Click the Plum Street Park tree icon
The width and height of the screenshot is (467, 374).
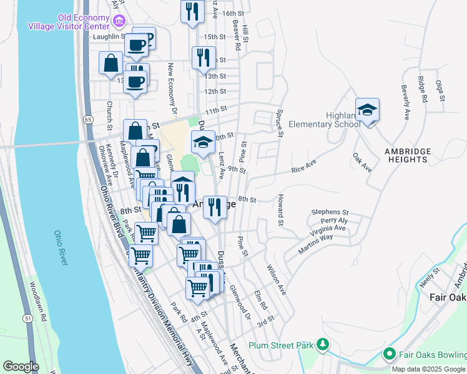coord(323,345)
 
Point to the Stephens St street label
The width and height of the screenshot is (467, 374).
coord(330,213)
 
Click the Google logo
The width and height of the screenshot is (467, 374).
coord(21,367)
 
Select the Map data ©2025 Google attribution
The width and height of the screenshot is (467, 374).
coord(428,369)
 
